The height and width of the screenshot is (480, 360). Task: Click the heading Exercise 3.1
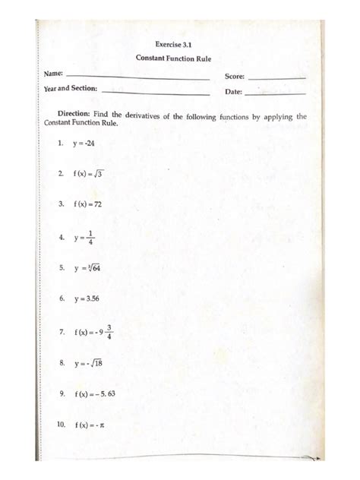[x=176, y=44]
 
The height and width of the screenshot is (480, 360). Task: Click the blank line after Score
[x=277, y=77]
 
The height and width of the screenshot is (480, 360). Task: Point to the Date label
[x=233, y=92]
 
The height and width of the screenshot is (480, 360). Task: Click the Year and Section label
[x=71, y=89]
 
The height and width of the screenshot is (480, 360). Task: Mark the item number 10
[x=62, y=425]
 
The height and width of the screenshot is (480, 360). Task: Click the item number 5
[x=60, y=268]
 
